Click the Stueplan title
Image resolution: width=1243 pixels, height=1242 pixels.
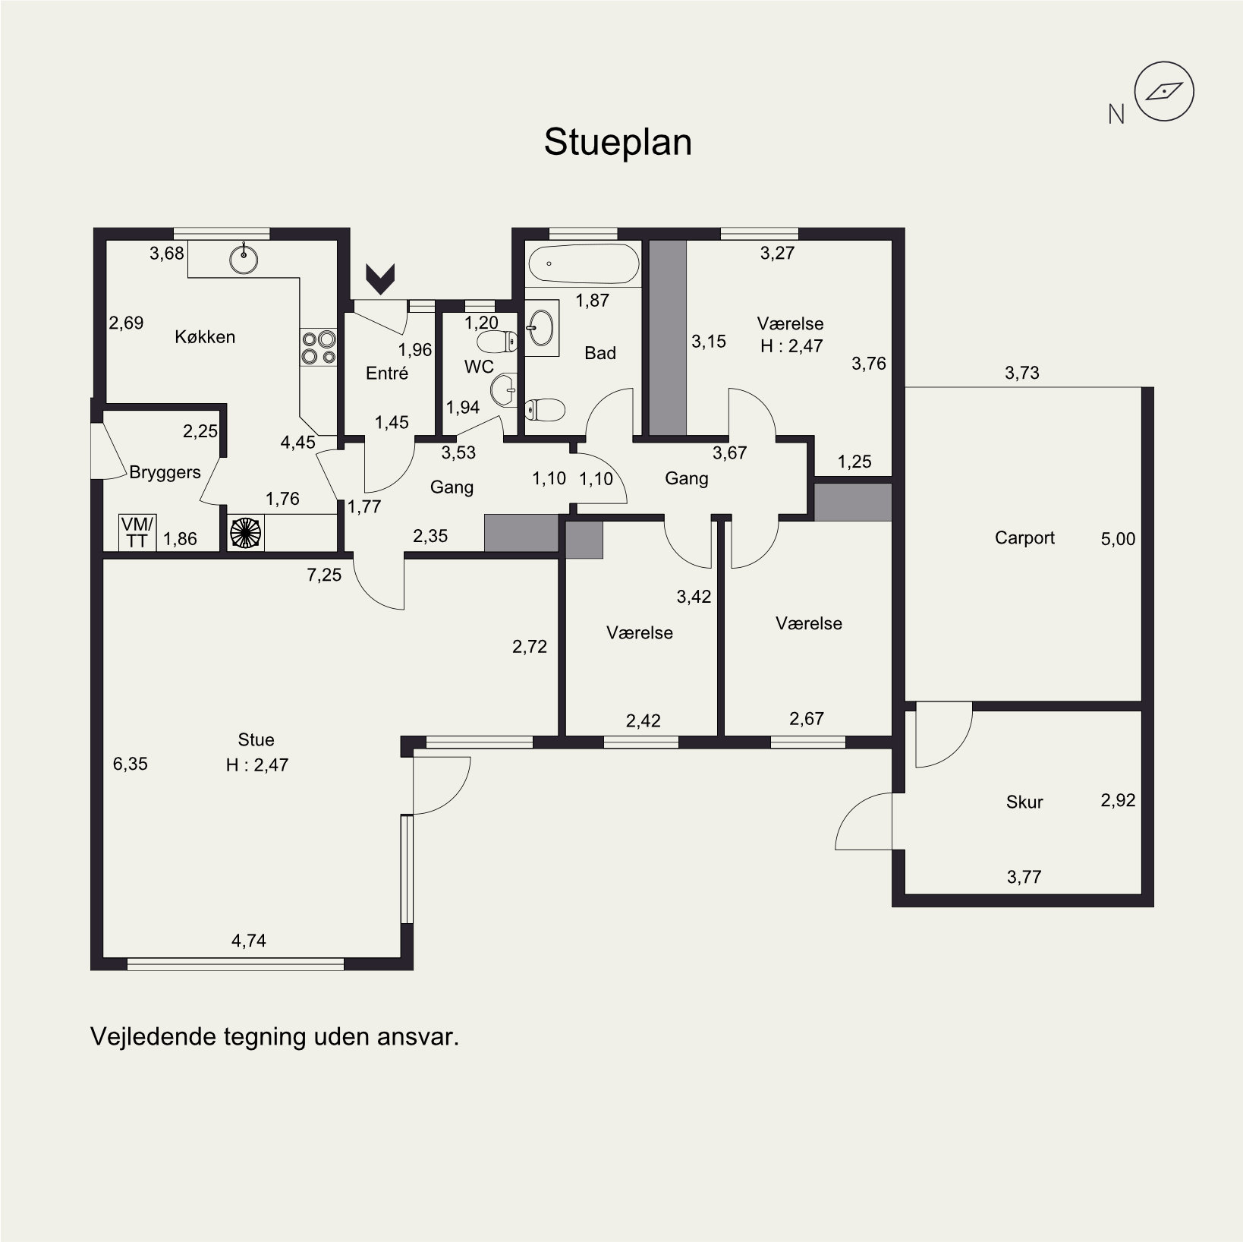point(618,143)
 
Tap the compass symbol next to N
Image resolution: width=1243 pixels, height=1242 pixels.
point(1163,92)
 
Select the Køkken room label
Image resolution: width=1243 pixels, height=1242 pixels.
point(205,336)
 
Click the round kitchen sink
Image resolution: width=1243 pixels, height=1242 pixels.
point(244,259)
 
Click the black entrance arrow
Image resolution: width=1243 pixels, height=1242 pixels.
point(380,279)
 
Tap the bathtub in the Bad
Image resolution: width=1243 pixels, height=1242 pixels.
point(584,264)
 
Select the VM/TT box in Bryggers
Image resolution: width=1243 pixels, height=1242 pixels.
point(137,531)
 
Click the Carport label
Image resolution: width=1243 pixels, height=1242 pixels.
point(1024,537)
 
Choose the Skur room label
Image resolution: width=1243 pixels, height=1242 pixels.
point(1024,802)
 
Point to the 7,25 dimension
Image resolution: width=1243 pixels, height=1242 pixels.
point(324,575)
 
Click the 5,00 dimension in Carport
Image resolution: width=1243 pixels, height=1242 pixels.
point(1118,539)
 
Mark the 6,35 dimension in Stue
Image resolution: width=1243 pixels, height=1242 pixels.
point(131,764)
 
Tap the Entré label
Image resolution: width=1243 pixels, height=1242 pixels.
point(387,373)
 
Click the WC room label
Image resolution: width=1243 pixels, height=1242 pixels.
point(479,367)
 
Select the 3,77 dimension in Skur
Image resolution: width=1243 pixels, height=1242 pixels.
point(1024,877)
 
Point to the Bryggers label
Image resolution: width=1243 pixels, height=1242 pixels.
point(165,472)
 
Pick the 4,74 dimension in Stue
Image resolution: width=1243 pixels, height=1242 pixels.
point(249,941)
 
